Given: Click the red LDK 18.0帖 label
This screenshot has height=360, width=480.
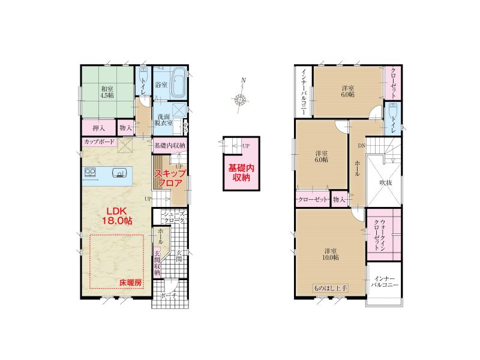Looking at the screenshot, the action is tap(119, 216).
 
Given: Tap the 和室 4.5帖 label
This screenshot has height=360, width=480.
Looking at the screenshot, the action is tap(107, 92).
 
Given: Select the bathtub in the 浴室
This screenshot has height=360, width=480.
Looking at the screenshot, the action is tap(178, 82).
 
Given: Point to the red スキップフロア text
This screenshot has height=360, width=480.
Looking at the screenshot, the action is tap(170, 178).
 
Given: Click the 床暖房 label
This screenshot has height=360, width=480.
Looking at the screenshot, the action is tap(131, 283).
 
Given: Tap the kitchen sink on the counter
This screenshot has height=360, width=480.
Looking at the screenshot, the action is tap(119, 173).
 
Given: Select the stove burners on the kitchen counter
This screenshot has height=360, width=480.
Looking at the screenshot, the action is tap(89, 172).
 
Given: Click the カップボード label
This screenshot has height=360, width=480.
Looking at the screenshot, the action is tap(99, 142).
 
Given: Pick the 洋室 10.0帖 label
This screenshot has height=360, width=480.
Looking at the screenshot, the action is tap(330, 254).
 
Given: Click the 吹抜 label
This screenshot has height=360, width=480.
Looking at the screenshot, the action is tap(386, 182).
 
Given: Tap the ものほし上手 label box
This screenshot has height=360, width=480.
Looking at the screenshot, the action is tap(331, 288).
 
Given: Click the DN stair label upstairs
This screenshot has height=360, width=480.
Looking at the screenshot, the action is tap(362, 146).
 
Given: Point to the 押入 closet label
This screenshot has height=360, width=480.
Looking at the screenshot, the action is tap(98, 128).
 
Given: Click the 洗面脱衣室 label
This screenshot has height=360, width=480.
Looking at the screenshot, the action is tap(164, 119).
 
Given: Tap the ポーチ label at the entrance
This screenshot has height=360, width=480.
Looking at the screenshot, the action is tap(169, 296).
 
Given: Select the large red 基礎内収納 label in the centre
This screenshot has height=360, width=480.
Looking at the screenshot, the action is tap(241, 172).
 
